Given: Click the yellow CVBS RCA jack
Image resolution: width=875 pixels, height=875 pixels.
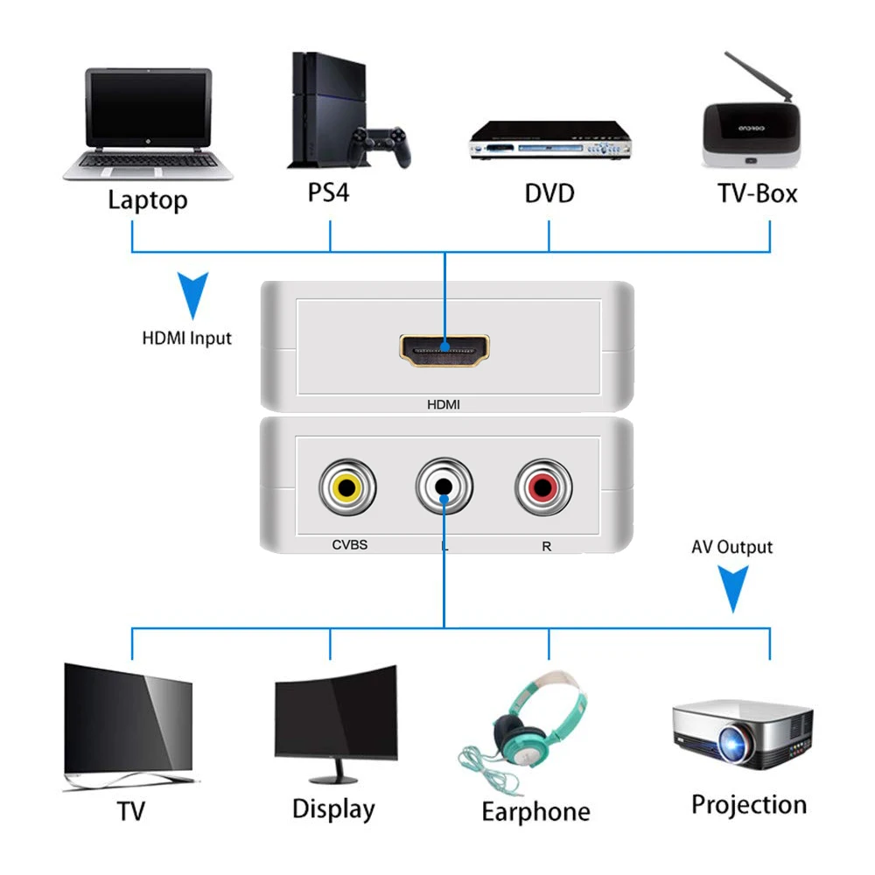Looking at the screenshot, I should click(348, 486).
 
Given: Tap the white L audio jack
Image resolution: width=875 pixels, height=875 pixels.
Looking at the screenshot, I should click(444, 486).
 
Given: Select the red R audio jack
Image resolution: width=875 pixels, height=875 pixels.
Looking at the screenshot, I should click(543, 486).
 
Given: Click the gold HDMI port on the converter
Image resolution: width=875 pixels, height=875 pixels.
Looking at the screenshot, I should click(444, 349).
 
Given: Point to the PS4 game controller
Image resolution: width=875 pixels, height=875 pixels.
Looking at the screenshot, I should click(380, 145).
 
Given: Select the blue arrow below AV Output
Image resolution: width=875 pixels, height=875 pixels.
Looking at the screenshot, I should click(733, 587).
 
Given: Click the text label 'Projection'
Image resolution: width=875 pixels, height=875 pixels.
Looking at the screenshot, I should click(749, 804).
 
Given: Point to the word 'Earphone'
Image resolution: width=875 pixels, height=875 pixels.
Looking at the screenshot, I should click(535, 811).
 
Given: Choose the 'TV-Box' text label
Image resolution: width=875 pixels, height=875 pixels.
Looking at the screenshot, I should click(758, 192).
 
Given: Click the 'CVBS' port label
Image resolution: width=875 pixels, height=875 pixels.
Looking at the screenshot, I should click(349, 544).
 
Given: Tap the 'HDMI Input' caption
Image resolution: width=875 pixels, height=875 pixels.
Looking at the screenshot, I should click(187, 337).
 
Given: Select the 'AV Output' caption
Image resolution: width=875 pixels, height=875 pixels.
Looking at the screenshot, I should click(732, 548).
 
